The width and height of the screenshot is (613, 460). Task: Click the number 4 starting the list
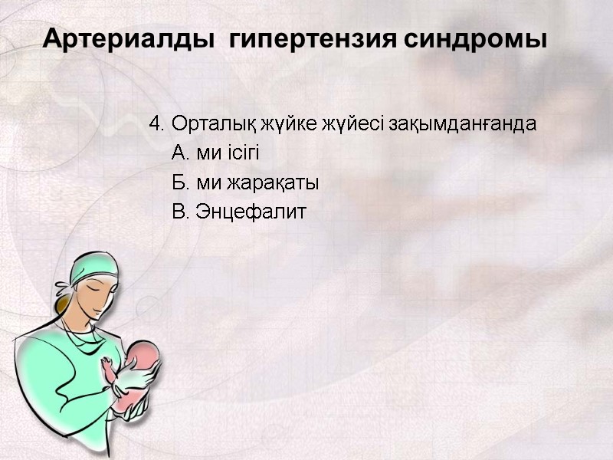[156, 123]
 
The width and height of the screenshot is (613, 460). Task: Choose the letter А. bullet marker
[182, 153]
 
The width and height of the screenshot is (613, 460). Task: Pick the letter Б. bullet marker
[182, 183]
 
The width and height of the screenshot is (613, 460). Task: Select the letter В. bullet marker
[182, 212]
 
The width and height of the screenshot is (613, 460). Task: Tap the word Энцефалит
[251, 212]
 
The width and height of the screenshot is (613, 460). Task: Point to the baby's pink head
[143, 354]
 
